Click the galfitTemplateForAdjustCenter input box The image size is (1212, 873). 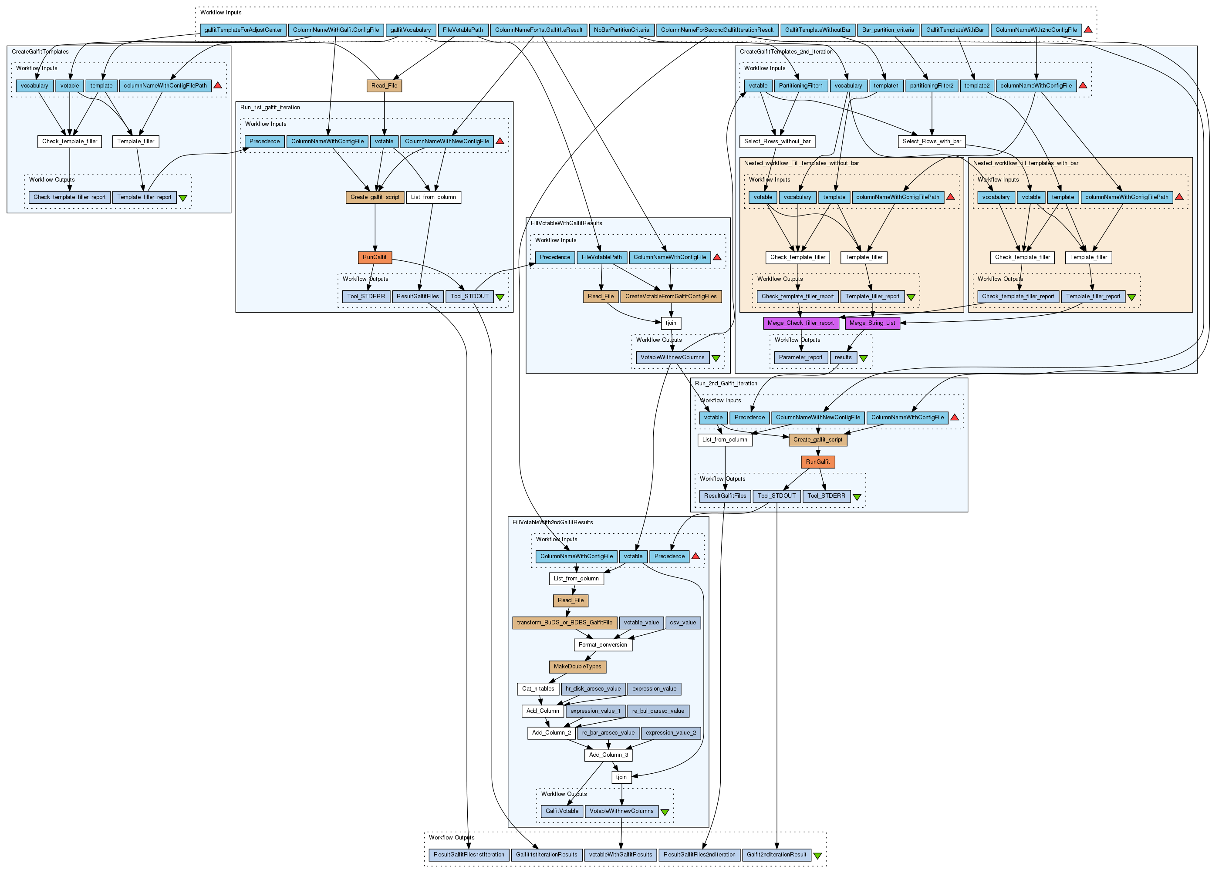(x=243, y=30)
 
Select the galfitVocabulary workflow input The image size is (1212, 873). (x=410, y=30)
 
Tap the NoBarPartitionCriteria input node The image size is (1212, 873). (x=621, y=30)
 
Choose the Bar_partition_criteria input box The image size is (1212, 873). (x=888, y=30)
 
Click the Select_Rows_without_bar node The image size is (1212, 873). (x=777, y=142)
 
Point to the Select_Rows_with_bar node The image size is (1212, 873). (x=932, y=142)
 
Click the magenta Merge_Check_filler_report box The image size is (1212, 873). (x=800, y=323)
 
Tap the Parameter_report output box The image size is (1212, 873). (x=800, y=357)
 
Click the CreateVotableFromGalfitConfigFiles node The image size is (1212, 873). (x=671, y=297)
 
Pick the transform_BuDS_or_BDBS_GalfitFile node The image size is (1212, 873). (x=564, y=623)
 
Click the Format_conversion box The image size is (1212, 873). (x=602, y=645)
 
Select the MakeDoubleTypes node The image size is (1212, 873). (x=577, y=667)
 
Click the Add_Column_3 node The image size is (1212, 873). (x=608, y=755)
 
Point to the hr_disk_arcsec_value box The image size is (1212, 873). (x=593, y=689)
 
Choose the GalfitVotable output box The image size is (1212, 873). (x=562, y=811)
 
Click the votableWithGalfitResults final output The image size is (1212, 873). (x=621, y=855)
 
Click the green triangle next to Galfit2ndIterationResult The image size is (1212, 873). (x=817, y=856)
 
